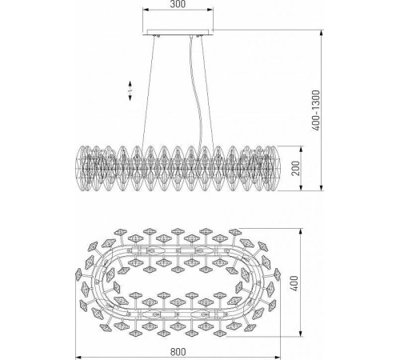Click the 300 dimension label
pyautogui.click(x=178, y=5)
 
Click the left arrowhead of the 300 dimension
pyautogui.click(x=145, y=12)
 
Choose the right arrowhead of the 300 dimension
pyautogui.click(x=211, y=12)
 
